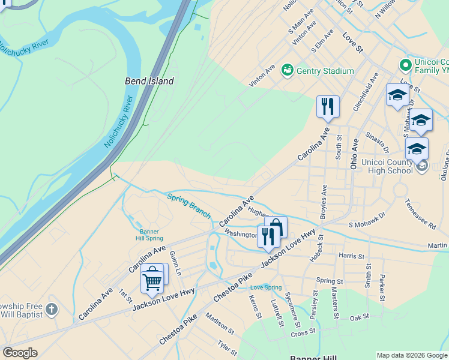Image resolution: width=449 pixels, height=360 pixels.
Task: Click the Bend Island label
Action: point(149,81)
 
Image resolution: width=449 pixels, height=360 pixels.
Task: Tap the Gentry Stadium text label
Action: point(325,71)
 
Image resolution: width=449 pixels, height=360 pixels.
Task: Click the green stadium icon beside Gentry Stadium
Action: point(287,71)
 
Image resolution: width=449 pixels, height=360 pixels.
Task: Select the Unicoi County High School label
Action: point(387,166)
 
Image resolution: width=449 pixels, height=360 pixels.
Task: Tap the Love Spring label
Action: point(266,288)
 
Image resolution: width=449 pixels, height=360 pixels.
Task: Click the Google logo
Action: point(20,353)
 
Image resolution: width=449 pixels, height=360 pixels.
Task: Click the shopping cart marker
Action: point(152,280)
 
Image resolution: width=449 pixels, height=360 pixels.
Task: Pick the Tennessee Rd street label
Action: point(420,214)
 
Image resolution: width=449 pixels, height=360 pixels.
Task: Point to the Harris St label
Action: point(351,256)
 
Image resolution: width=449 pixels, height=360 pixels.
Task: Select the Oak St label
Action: point(359,317)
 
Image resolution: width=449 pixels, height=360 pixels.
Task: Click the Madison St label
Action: point(220,322)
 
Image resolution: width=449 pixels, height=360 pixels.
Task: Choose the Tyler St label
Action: point(228,347)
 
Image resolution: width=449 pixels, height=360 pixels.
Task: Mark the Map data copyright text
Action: point(412,355)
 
